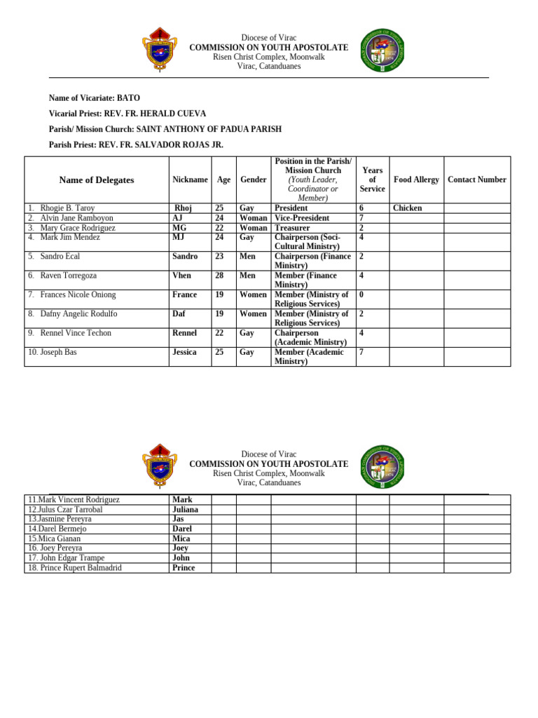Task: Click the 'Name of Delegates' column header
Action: click(x=97, y=180)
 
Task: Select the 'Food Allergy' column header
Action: click(x=416, y=179)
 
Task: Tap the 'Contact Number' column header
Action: click(x=476, y=179)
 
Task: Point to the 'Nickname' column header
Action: click(x=190, y=179)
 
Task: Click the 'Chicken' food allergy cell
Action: click(x=407, y=208)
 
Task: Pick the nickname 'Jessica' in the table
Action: click(x=184, y=352)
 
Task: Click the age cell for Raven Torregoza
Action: click(x=219, y=276)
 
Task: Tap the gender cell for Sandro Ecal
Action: click(x=247, y=257)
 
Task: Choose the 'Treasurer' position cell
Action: click(x=292, y=228)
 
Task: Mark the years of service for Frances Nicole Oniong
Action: click(x=361, y=294)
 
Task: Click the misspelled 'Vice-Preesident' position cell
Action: click(x=302, y=218)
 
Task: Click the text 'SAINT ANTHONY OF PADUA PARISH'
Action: click(x=209, y=129)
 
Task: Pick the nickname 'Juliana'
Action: click(x=185, y=510)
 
